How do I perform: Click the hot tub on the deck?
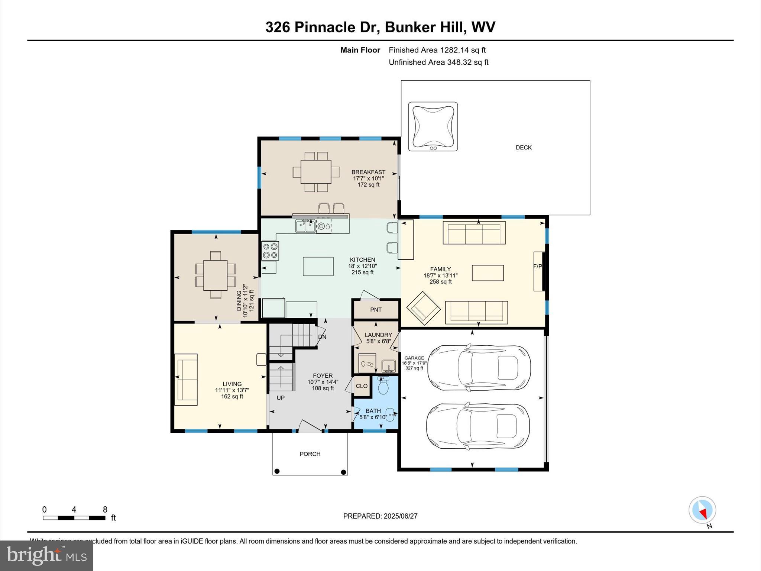(433, 126)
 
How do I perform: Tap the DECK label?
(524, 148)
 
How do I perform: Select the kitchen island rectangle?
(318, 266)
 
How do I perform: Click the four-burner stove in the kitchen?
(270, 251)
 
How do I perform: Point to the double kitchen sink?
(305, 226)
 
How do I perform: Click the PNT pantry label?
(376, 310)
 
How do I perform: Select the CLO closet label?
(362, 386)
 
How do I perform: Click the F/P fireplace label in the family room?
(538, 266)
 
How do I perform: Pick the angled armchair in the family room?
(423, 308)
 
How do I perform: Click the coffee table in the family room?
(488, 273)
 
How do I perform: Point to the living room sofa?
(186, 379)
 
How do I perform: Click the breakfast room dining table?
(316, 172)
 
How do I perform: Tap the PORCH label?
(310, 454)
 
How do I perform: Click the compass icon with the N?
(702, 510)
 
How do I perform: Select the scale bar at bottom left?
(74, 518)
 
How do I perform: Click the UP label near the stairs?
(281, 398)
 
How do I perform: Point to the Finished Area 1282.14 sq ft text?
(437, 50)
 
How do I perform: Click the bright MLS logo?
(46, 555)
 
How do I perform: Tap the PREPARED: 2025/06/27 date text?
(380, 516)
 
